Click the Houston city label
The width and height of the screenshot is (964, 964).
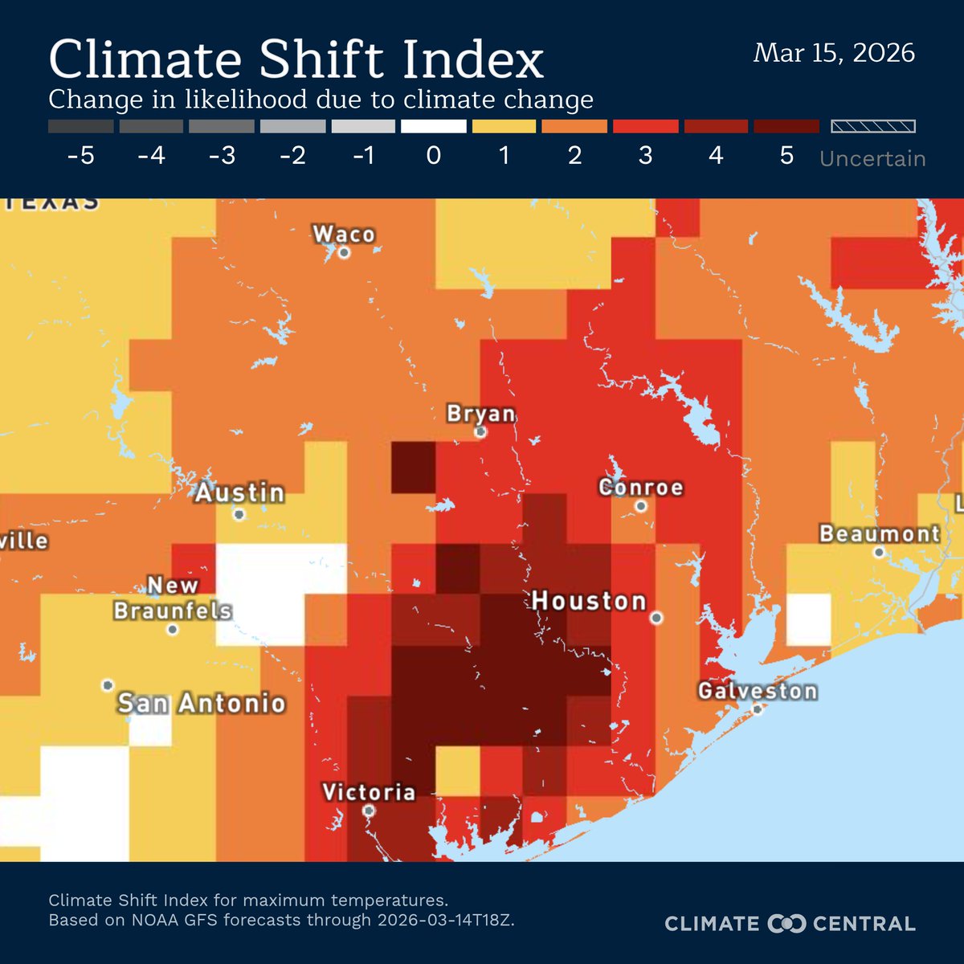589,601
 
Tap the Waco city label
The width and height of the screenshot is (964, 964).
344,234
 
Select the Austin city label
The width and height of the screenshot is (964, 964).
240,492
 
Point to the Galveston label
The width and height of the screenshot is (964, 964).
758,691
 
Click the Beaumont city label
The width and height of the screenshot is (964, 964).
880,533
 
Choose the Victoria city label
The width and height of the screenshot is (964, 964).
369,792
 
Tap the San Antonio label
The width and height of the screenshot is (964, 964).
202,704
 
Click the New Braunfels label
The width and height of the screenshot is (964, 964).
173,598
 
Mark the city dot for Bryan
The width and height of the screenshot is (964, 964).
480,431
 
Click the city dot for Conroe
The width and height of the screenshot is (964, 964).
641,506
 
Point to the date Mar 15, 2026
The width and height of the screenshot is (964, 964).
834,53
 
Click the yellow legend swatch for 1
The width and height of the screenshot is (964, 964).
504,126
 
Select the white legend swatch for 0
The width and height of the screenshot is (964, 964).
434,126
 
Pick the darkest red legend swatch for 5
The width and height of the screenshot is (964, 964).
786,126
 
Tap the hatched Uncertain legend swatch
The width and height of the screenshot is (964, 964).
872,126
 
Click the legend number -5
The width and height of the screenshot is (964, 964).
80,155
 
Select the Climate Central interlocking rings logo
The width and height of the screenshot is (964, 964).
786,924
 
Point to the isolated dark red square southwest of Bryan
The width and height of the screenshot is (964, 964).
413,467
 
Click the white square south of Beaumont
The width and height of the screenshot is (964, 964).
808,619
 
